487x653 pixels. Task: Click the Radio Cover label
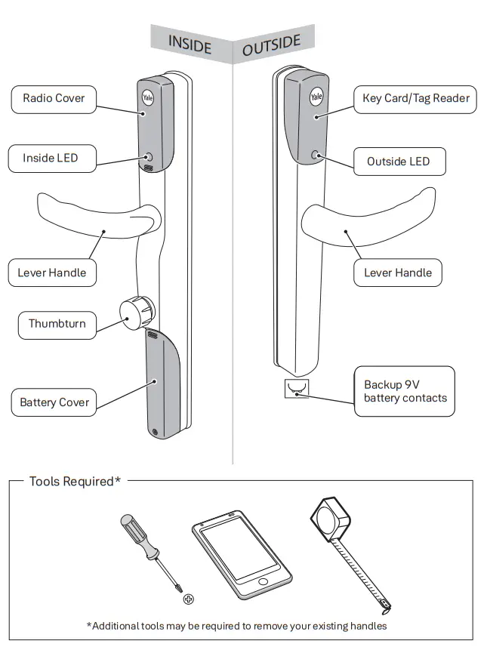(x=54, y=98)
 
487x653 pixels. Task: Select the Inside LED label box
(x=50, y=159)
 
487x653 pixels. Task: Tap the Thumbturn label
(x=57, y=324)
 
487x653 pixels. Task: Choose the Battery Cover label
(x=54, y=402)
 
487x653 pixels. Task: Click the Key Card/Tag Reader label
(x=415, y=98)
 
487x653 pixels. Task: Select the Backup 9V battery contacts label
(x=405, y=391)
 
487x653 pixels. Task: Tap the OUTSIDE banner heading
(x=271, y=45)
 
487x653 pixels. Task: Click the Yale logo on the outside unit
(x=316, y=97)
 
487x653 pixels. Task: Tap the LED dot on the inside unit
(x=149, y=159)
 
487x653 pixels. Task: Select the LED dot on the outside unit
(x=314, y=156)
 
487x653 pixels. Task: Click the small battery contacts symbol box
(x=295, y=389)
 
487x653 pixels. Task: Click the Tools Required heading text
(x=75, y=482)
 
